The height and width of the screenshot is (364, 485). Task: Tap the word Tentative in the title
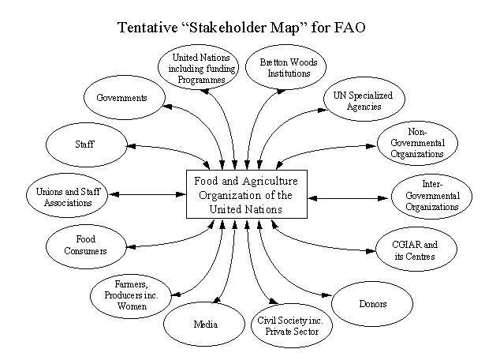click(147, 28)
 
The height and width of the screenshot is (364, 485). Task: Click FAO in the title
click(349, 28)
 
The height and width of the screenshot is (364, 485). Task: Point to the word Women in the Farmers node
click(132, 306)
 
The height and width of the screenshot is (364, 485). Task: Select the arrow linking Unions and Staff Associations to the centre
click(147, 194)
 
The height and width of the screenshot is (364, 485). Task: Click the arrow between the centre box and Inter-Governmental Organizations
click(349, 198)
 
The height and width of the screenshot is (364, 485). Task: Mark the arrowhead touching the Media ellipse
click(217, 299)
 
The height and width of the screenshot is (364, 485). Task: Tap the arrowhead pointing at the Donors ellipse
click(327, 295)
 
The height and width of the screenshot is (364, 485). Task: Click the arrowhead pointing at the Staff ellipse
click(131, 146)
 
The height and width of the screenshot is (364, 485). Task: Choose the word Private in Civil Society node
click(278, 332)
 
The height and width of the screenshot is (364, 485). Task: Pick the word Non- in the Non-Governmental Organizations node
click(417, 132)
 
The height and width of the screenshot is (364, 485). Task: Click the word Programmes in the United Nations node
click(201, 80)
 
